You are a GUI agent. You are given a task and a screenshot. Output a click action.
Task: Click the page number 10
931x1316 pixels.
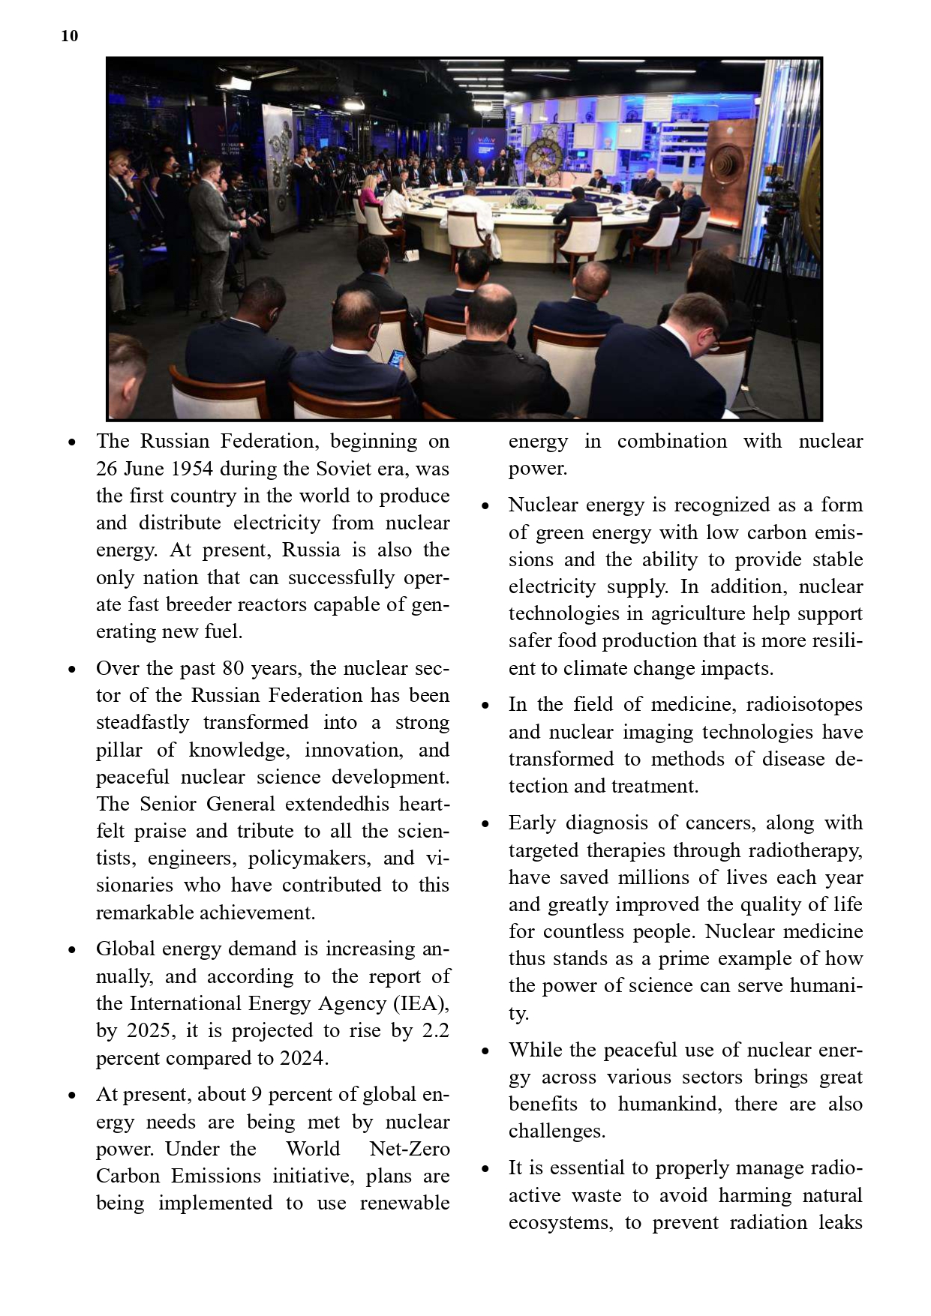[x=69, y=36]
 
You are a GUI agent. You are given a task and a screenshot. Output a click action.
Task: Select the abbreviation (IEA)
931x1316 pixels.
[x=422, y=1003]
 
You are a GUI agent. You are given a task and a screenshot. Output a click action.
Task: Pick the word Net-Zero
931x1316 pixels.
[x=410, y=1149]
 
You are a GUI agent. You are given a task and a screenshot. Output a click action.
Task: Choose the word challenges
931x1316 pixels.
[x=556, y=1131]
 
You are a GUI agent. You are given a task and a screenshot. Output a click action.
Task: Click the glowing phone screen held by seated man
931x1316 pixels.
[x=396, y=358]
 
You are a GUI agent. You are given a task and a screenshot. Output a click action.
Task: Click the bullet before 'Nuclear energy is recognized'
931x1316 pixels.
[x=485, y=506]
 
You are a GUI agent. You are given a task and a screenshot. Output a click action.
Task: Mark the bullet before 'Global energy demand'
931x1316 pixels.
[x=72, y=950]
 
